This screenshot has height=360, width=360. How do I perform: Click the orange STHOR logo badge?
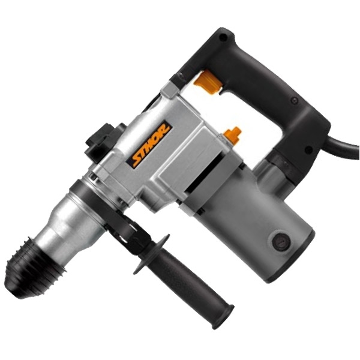click(149, 144)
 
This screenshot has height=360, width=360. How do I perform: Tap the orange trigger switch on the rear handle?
click(208, 82)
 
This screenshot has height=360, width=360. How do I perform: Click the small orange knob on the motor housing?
click(233, 135)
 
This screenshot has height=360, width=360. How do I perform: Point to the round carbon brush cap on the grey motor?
click(281, 242)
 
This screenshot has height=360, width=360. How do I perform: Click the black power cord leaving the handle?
click(344, 146)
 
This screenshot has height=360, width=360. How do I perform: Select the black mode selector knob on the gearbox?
click(103, 142)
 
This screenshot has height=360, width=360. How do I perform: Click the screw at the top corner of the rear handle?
click(222, 37)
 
